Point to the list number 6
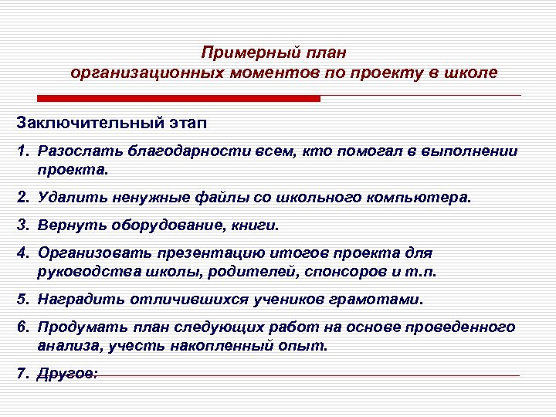pyautogui.click(x=22, y=327)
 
